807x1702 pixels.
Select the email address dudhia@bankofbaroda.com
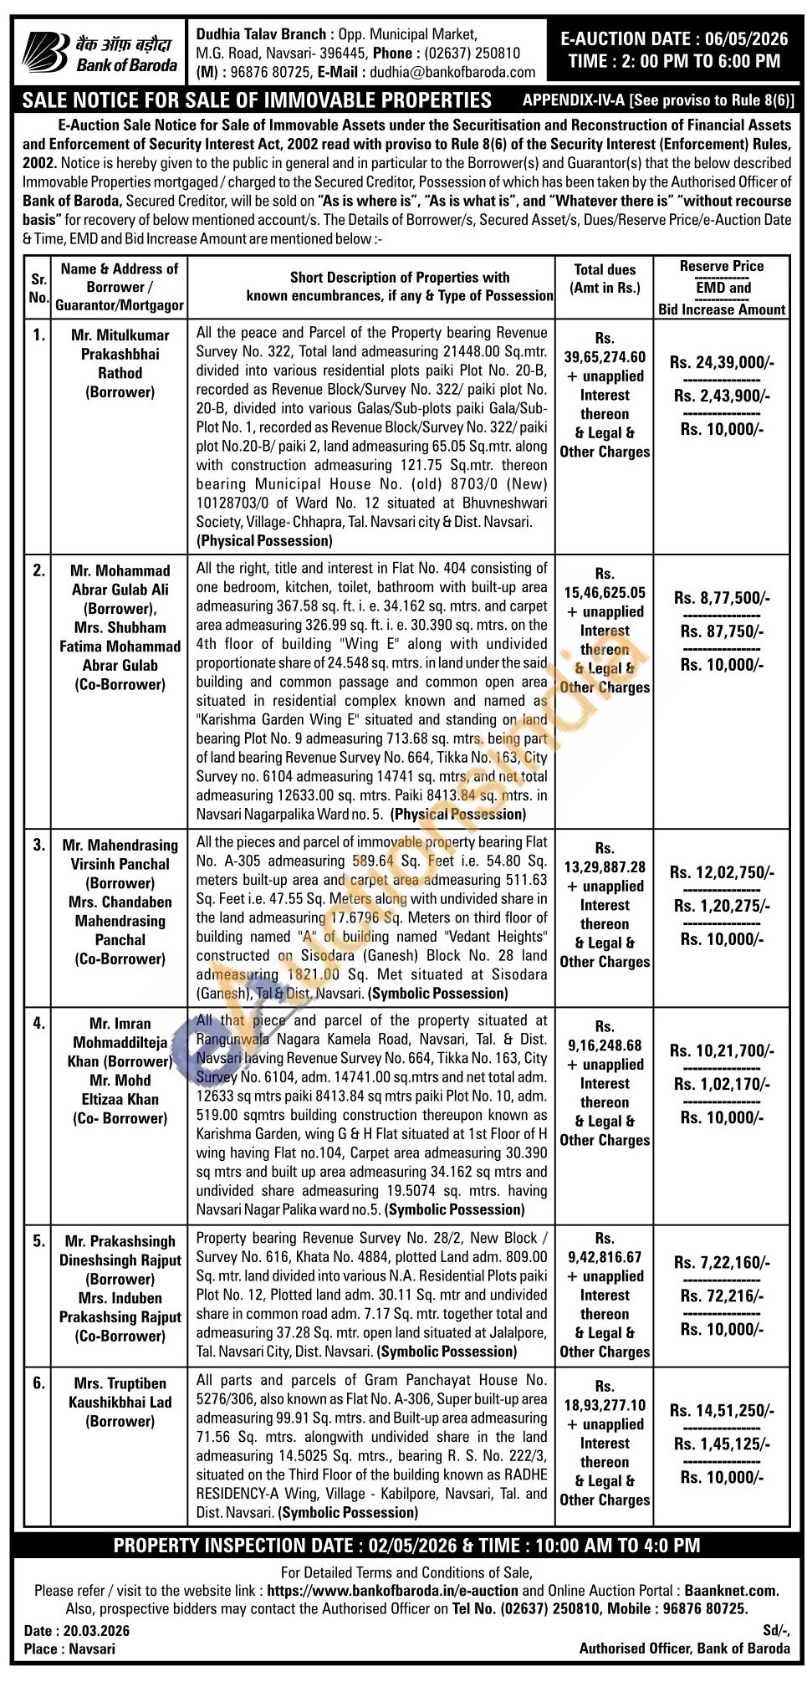pyautogui.click(x=452, y=73)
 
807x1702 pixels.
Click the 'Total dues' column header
pyautogui.click(x=605, y=269)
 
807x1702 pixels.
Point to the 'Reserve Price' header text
pyautogui.click(x=721, y=266)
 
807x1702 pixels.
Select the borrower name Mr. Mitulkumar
pyautogui.click(x=120, y=335)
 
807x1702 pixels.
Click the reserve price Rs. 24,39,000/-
pyautogui.click(x=722, y=362)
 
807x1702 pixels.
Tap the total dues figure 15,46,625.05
pyautogui.click(x=605, y=593)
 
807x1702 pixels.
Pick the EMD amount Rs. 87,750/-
pyautogui.click(x=722, y=631)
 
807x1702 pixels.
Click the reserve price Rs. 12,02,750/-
pyautogui.click(x=722, y=872)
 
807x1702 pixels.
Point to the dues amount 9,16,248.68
pyautogui.click(x=605, y=1045)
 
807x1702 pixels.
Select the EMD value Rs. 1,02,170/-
pyautogui.click(x=722, y=1084)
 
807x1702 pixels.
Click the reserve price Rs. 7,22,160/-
pyautogui.click(x=722, y=1263)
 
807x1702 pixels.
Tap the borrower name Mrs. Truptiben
pyautogui.click(x=120, y=1383)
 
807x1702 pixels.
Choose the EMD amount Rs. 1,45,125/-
pyautogui.click(x=722, y=1444)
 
